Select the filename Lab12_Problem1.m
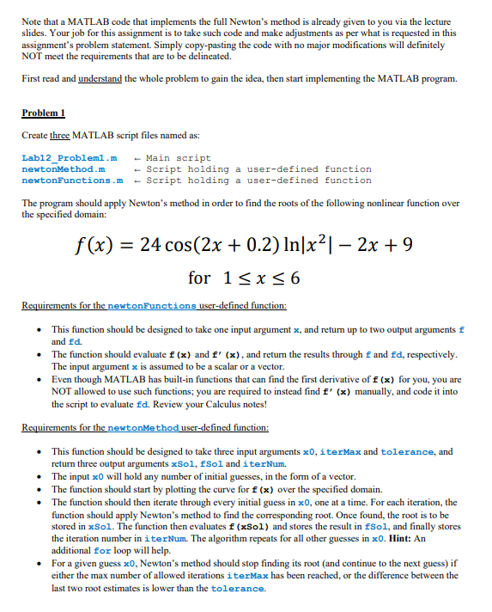click(x=69, y=158)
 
